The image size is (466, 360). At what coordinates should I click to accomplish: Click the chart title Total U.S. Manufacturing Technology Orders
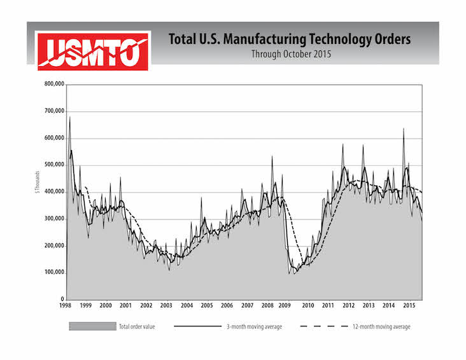(x=290, y=39)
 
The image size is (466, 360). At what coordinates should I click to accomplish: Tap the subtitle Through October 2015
(x=290, y=54)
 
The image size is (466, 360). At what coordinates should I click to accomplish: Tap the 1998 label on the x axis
(x=66, y=306)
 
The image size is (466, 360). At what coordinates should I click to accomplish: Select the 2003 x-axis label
(x=167, y=306)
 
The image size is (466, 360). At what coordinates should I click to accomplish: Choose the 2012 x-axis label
(x=349, y=306)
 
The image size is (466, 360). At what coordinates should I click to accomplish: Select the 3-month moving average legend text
(x=254, y=327)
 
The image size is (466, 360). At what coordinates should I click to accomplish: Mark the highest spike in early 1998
(x=69, y=117)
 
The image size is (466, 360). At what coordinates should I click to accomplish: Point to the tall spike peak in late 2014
(x=403, y=129)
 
